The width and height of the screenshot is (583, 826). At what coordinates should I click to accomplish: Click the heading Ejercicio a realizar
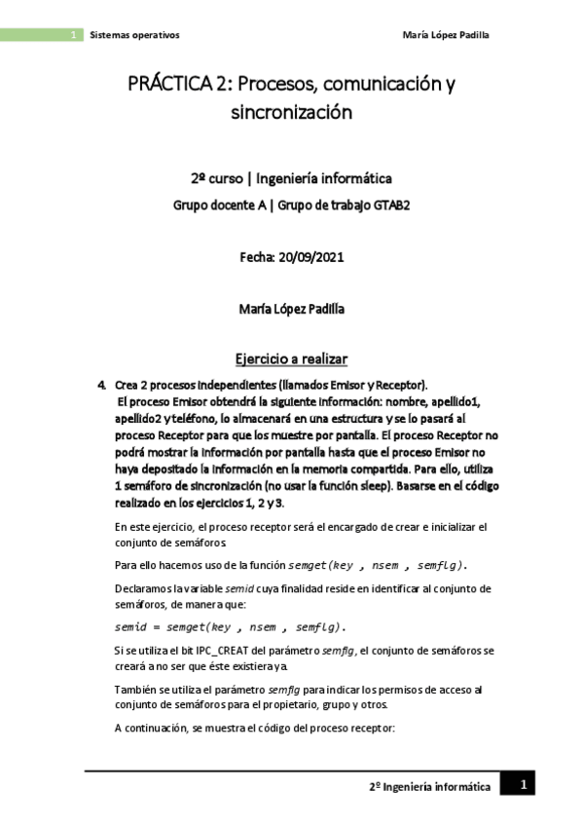[291, 357]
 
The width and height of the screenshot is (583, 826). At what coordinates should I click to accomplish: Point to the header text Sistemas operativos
[134, 35]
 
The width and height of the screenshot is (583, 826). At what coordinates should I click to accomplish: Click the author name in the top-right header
[445, 35]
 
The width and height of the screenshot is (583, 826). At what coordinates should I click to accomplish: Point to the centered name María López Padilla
[291, 310]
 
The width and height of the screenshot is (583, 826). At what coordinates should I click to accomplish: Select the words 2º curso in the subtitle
[214, 179]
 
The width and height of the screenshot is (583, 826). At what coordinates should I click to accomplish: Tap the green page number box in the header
[74, 35]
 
